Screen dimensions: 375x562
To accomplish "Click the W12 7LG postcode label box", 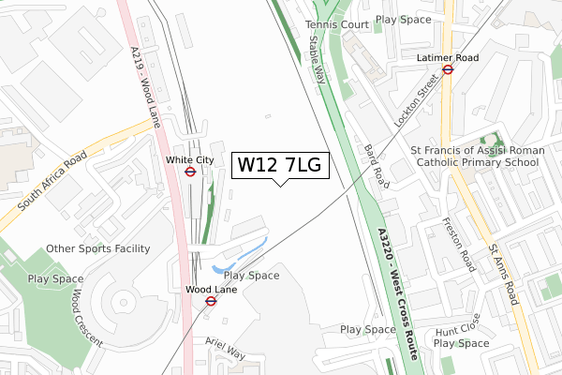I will point(279,166).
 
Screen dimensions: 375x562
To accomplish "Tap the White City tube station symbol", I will point(190,172).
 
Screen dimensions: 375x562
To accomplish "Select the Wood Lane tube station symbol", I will point(211,302).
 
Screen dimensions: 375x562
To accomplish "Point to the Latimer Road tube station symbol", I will point(448,68).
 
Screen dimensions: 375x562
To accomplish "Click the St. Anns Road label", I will point(503,273).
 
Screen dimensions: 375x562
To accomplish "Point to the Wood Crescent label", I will point(85,316).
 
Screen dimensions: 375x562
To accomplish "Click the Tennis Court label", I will point(336,24).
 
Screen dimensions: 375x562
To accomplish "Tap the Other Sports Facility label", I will point(97,248).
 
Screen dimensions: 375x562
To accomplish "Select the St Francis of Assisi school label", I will point(475,156).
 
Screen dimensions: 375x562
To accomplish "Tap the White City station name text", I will point(190,160).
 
